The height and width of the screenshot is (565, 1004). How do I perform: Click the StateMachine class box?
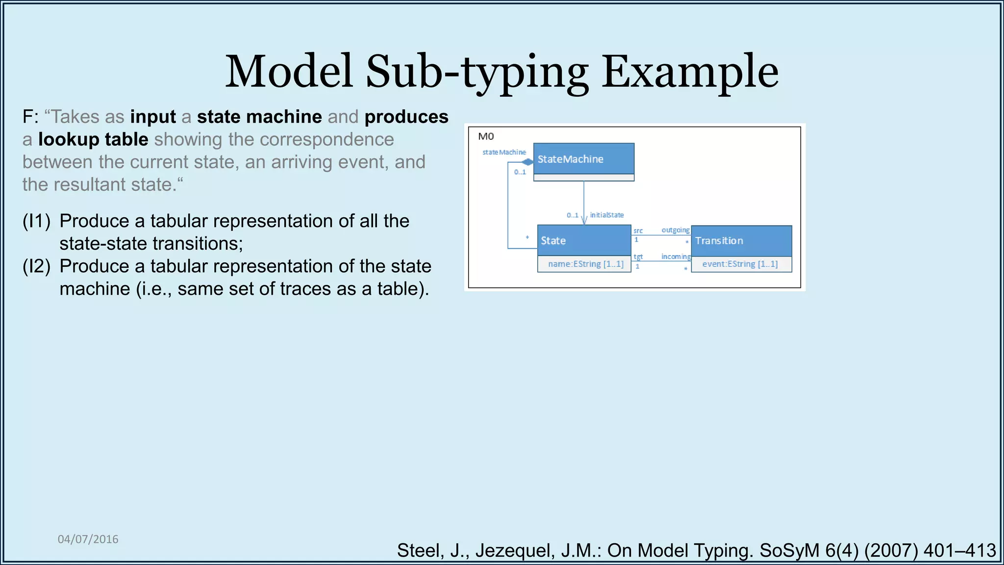[583, 159]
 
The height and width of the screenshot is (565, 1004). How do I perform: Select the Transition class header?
[741, 241]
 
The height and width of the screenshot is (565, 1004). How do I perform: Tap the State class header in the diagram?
[583, 240]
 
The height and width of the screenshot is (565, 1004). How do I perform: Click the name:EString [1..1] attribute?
[585, 264]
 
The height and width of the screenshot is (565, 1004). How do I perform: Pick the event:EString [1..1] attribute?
[740, 264]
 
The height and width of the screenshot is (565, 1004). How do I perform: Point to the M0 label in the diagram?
[486, 136]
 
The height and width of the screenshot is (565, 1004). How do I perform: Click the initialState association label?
[606, 215]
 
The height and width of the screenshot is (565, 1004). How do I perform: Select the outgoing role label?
[675, 230]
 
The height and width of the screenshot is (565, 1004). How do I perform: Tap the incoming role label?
[675, 257]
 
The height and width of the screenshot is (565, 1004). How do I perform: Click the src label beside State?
[638, 231]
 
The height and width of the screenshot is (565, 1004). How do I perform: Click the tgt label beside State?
[638, 257]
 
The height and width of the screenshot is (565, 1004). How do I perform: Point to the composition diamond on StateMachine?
[527, 162]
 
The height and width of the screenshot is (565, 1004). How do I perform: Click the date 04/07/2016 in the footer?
[88, 539]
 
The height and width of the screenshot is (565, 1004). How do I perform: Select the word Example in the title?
[690, 72]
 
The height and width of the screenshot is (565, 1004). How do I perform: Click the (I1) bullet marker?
[37, 221]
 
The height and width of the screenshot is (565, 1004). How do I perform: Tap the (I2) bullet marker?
[37, 266]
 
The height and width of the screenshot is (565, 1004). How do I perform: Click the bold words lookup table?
[93, 140]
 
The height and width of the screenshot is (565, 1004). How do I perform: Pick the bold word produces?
[406, 117]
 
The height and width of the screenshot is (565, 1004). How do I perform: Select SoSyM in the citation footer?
[789, 551]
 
